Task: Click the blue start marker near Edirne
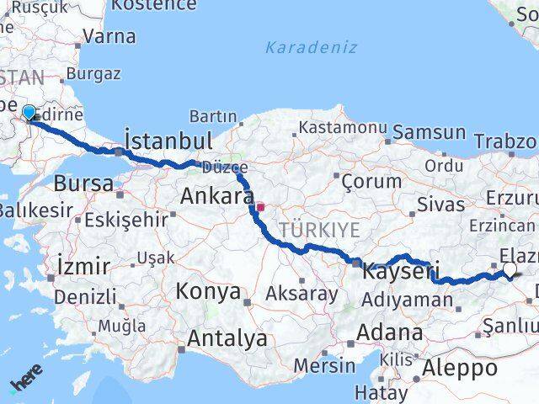pyautogui.click(x=29, y=113)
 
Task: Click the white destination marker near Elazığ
pyautogui.click(x=510, y=269)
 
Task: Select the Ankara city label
pyautogui.click(x=217, y=198)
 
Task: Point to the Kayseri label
pyautogui.click(x=402, y=271)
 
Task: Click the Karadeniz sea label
pyautogui.click(x=312, y=47)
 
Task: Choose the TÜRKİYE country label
pyautogui.click(x=320, y=230)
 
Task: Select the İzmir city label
pyautogui.click(x=84, y=267)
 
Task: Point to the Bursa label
pyautogui.click(x=83, y=183)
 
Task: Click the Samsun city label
pyautogui.click(x=429, y=132)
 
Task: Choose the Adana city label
pyautogui.click(x=389, y=332)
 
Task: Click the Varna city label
pyautogui.click(x=109, y=36)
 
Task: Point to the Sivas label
pyautogui.click(x=441, y=204)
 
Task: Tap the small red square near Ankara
pyautogui.click(x=261, y=206)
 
